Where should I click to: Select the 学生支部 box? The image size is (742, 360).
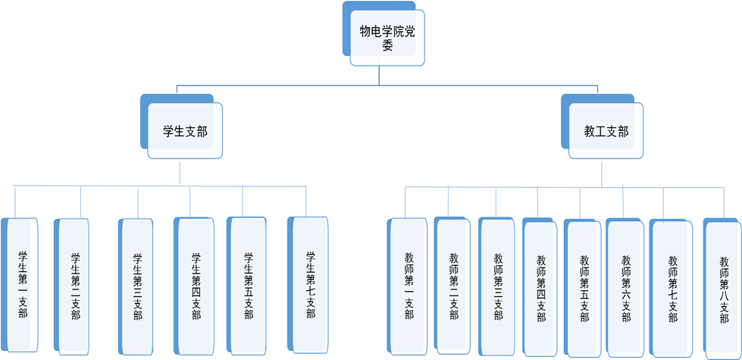click(185, 131)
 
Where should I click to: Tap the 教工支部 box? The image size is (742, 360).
click(606, 131)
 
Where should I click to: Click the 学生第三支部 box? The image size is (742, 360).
click(137, 286)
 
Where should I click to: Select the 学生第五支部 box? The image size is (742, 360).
click(248, 285)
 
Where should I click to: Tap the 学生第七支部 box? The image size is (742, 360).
click(310, 285)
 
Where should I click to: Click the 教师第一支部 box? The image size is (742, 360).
click(409, 286)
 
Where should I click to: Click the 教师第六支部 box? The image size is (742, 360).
click(626, 288)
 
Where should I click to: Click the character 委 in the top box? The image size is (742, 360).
click(387, 45)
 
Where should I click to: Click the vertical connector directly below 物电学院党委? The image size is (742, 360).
click(379, 74)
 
